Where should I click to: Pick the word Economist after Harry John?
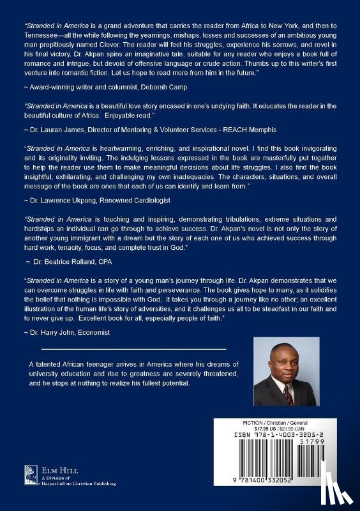93,332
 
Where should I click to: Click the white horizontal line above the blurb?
133,349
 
